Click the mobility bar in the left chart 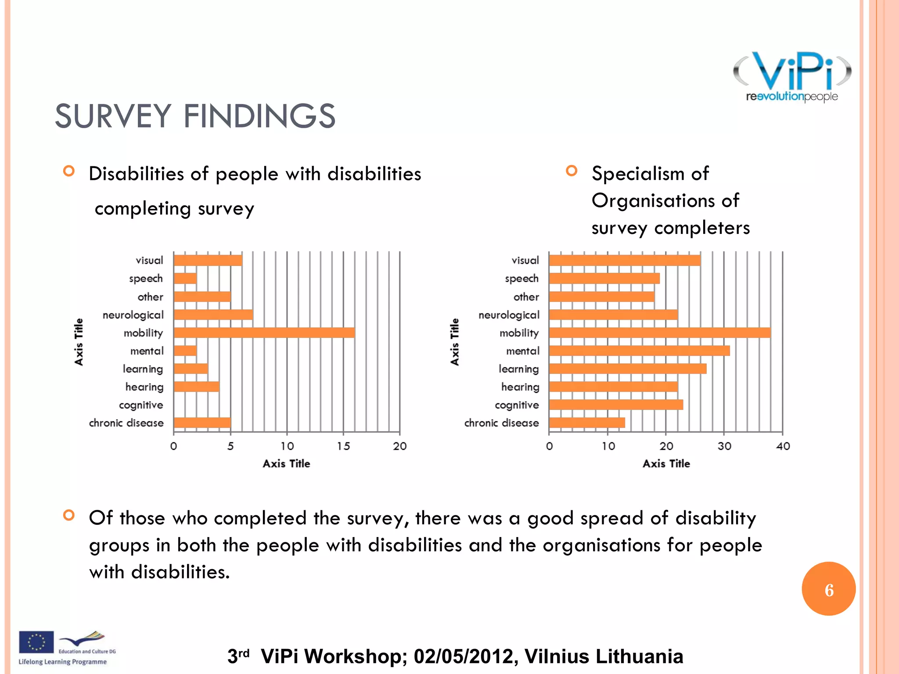(264, 333)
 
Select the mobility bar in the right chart (659, 333)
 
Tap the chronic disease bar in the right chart (586, 423)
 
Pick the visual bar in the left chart (208, 260)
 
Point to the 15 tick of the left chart (343, 446)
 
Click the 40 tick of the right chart (783, 446)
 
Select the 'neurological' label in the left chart (133, 315)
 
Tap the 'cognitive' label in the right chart (517, 405)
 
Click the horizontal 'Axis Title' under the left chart (286, 464)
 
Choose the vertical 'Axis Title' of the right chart (455, 342)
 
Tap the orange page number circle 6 (828, 589)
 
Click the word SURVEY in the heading (113, 116)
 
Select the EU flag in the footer (36, 642)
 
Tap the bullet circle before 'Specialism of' (571, 170)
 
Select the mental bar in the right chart (639, 351)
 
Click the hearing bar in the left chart (196, 387)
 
